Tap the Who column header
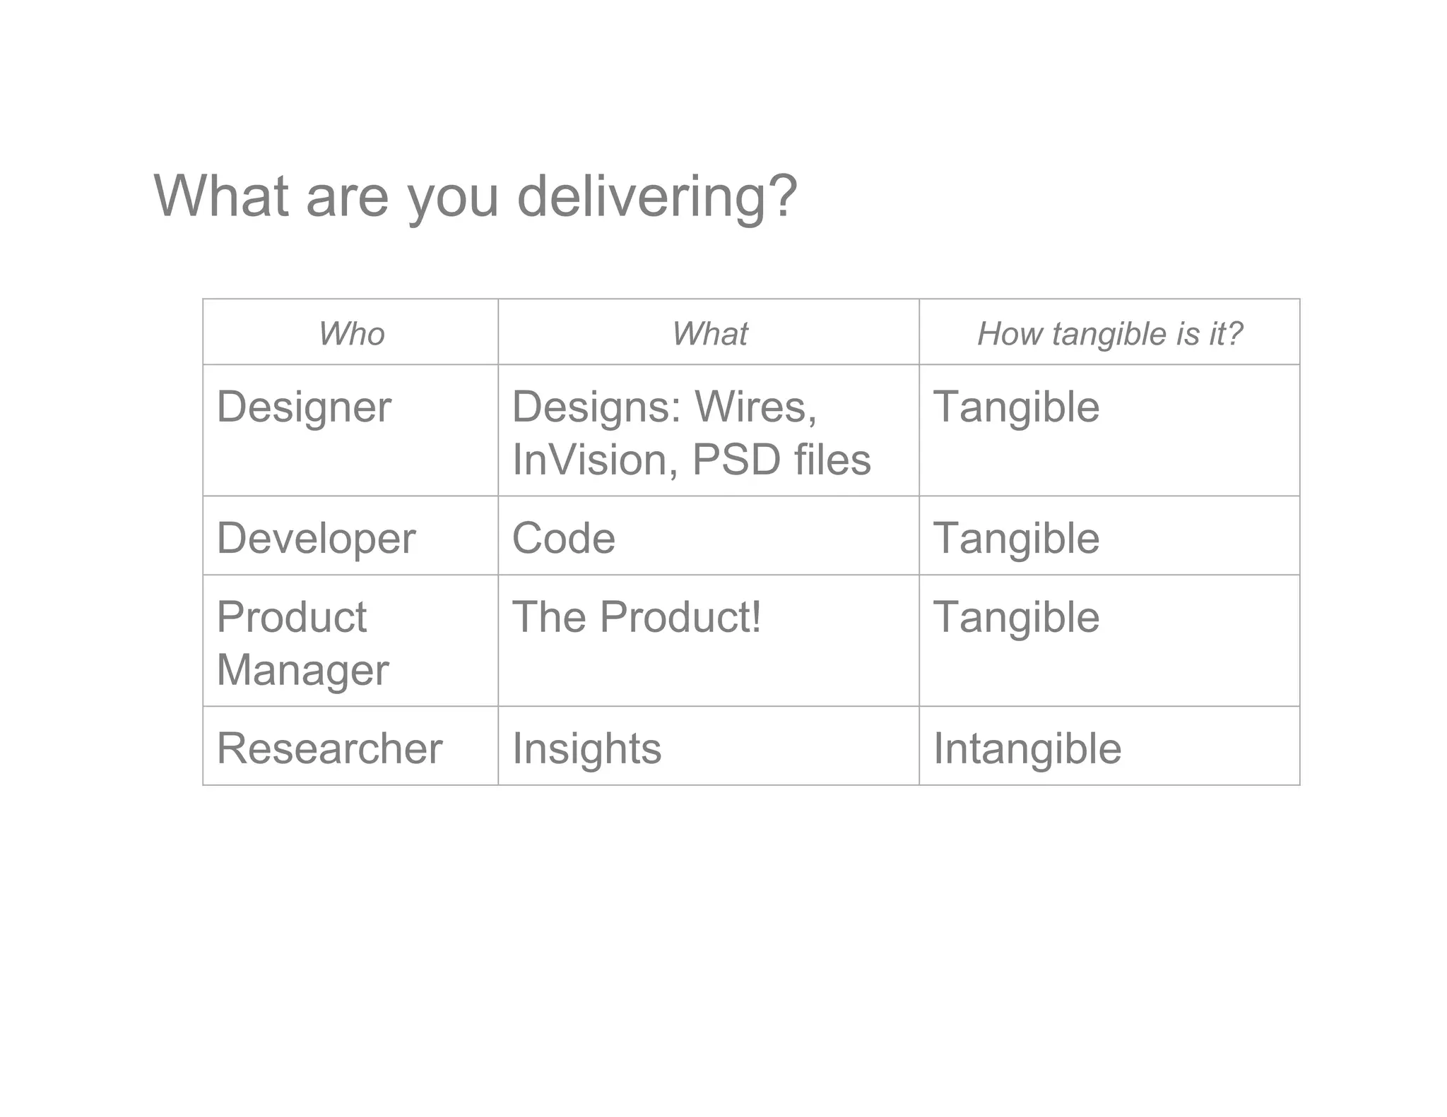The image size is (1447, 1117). click(x=351, y=333)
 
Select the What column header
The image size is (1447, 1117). click(x=709, y=333)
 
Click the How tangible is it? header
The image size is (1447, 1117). click(x=1109, y=333)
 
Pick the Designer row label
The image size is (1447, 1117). click(x=304, y=407)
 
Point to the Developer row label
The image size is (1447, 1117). click(x=316, y=538)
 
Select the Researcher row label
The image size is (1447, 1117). click(x=329, y=748)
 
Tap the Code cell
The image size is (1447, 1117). click(x=563, y=538)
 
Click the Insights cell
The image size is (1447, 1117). click(x=586, y=748)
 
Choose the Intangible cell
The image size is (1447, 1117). click(x=1027, y=748)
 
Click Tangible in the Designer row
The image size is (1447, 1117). click(x=1016, y=407)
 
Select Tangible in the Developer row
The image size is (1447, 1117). click(x=1016, y=538)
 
